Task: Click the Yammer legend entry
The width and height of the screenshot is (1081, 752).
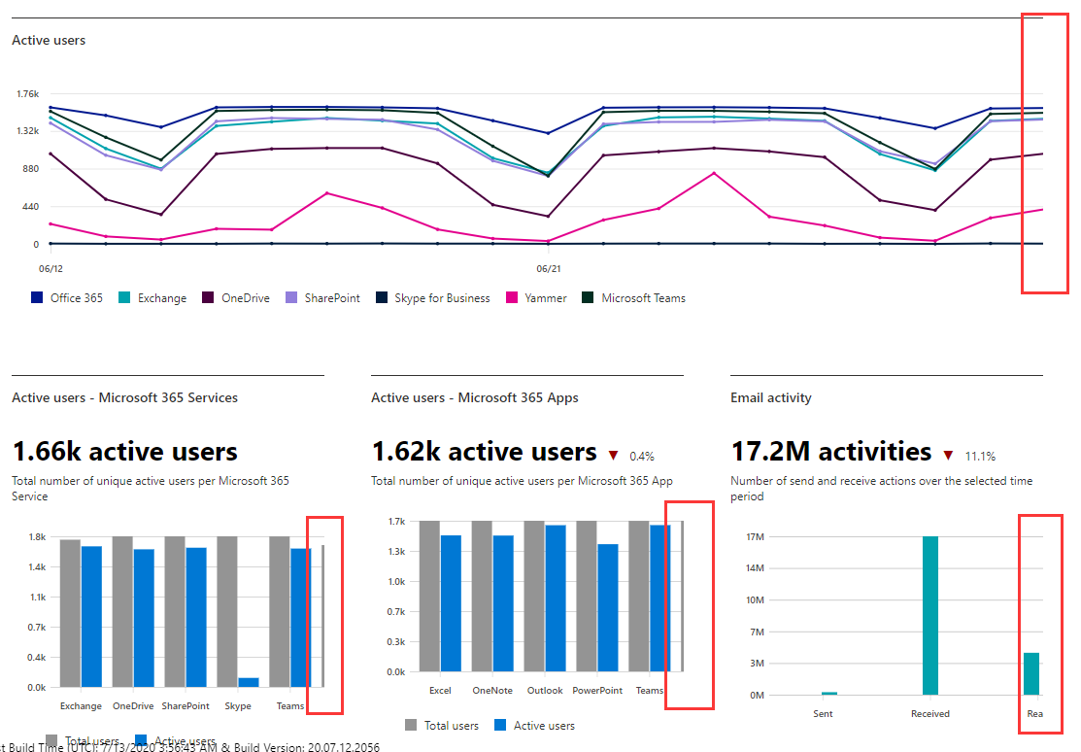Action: [545, 298]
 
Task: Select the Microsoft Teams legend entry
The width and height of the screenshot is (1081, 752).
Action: [643, 298]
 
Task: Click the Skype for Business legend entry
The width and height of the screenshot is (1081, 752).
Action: [442, 298]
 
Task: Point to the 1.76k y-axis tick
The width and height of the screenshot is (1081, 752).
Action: [26, 94]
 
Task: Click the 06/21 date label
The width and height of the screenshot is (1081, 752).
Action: [549, 267]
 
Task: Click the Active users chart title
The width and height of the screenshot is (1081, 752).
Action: [49, 41]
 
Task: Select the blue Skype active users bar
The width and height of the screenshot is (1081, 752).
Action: [249, 682]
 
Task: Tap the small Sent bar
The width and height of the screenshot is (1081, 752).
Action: [828, 694]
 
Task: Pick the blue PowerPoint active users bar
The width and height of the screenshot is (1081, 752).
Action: [608, 607]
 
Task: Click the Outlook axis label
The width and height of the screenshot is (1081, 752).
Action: [545, 691]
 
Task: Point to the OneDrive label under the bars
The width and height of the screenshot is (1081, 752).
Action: [133, 706]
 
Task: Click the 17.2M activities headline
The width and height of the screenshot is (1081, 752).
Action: [830, 452]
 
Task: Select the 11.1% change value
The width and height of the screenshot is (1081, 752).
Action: [979, 456]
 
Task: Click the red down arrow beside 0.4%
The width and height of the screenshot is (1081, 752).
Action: [613, 455]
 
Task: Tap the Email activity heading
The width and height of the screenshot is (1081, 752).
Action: [770, 397]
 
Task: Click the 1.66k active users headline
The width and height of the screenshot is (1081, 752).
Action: [124, 452]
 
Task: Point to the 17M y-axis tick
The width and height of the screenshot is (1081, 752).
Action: [755, 536]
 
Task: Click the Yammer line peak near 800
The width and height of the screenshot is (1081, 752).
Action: [714, 173]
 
